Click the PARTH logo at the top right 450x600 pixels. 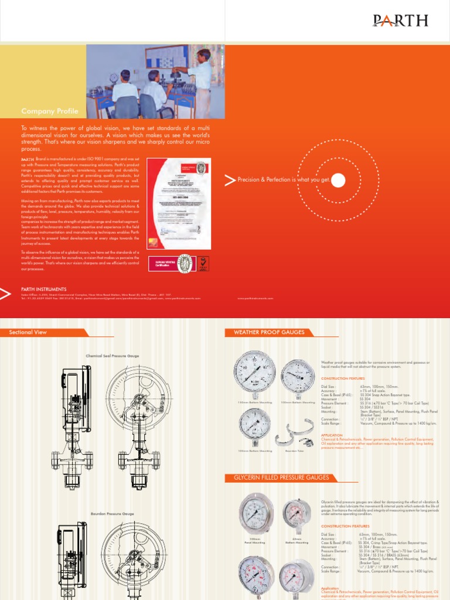coord(401,21)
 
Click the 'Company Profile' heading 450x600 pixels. coord(46,111)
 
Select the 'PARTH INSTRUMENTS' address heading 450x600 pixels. coord(44,289)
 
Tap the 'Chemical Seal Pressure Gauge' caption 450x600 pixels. coord(112,356)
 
